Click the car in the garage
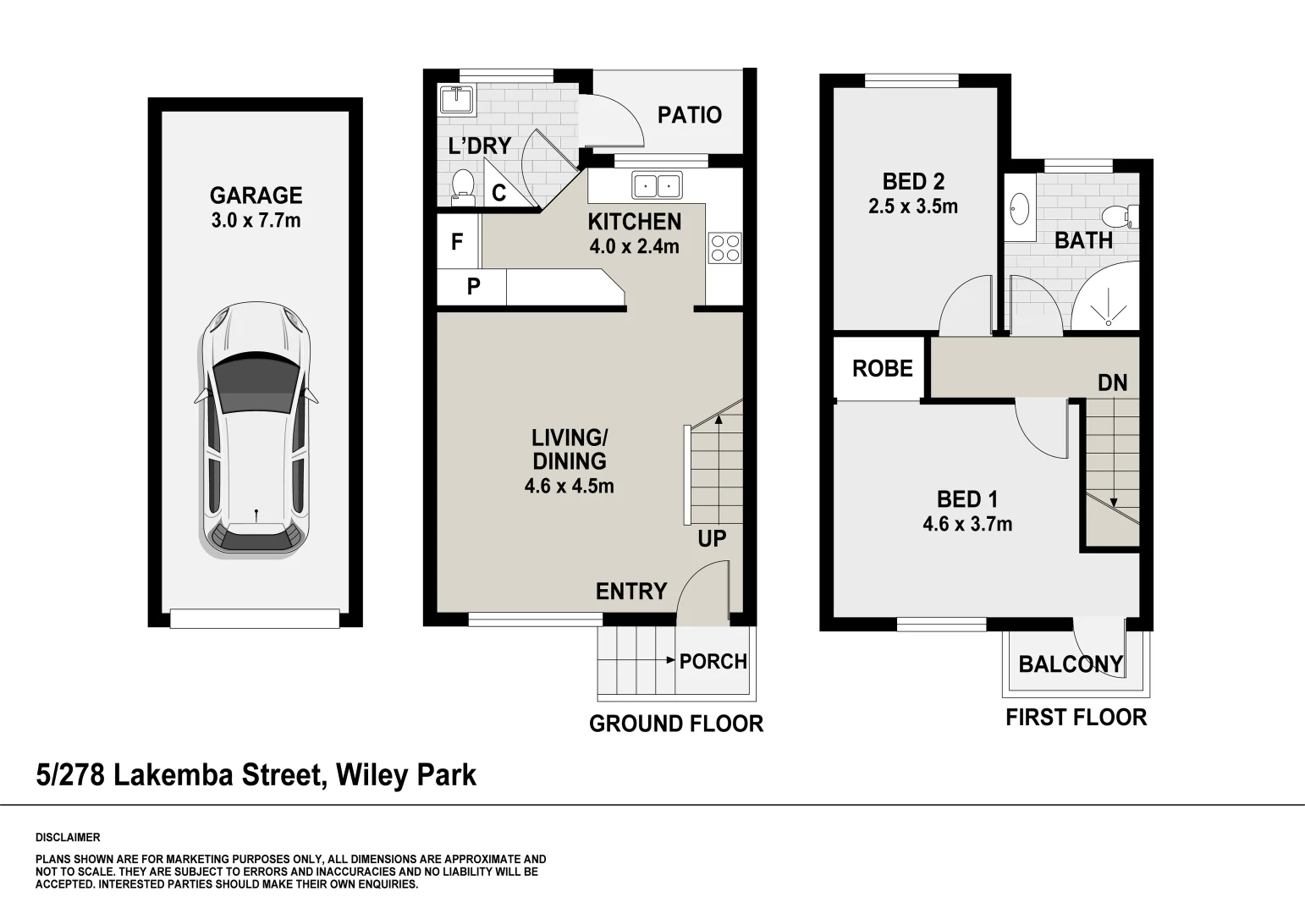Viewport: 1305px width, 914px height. (256, 430)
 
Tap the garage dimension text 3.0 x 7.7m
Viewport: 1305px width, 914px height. (256, 221)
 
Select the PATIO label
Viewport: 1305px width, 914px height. (690, 115)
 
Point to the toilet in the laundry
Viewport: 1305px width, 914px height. (462, 186)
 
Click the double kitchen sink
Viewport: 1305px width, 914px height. (657, 184)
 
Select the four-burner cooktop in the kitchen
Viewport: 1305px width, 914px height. (725, 248)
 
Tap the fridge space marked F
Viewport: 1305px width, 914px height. (457, 242)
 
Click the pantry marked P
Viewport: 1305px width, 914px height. (473, 287)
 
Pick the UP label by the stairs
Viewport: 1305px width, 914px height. (712, 538)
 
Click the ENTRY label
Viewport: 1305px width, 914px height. (631, 591)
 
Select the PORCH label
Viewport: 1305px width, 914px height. (713, 661)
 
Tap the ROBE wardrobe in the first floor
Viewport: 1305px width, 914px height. (882, 368)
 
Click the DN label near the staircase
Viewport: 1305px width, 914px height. (1112, 383)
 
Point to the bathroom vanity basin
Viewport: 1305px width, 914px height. (1020, 206)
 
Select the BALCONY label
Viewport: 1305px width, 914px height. (1070, 664)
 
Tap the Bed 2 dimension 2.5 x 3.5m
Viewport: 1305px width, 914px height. (913, 206)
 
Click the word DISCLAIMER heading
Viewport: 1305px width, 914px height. (68, 838)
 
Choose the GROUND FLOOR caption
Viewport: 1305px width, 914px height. (676, 724)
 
